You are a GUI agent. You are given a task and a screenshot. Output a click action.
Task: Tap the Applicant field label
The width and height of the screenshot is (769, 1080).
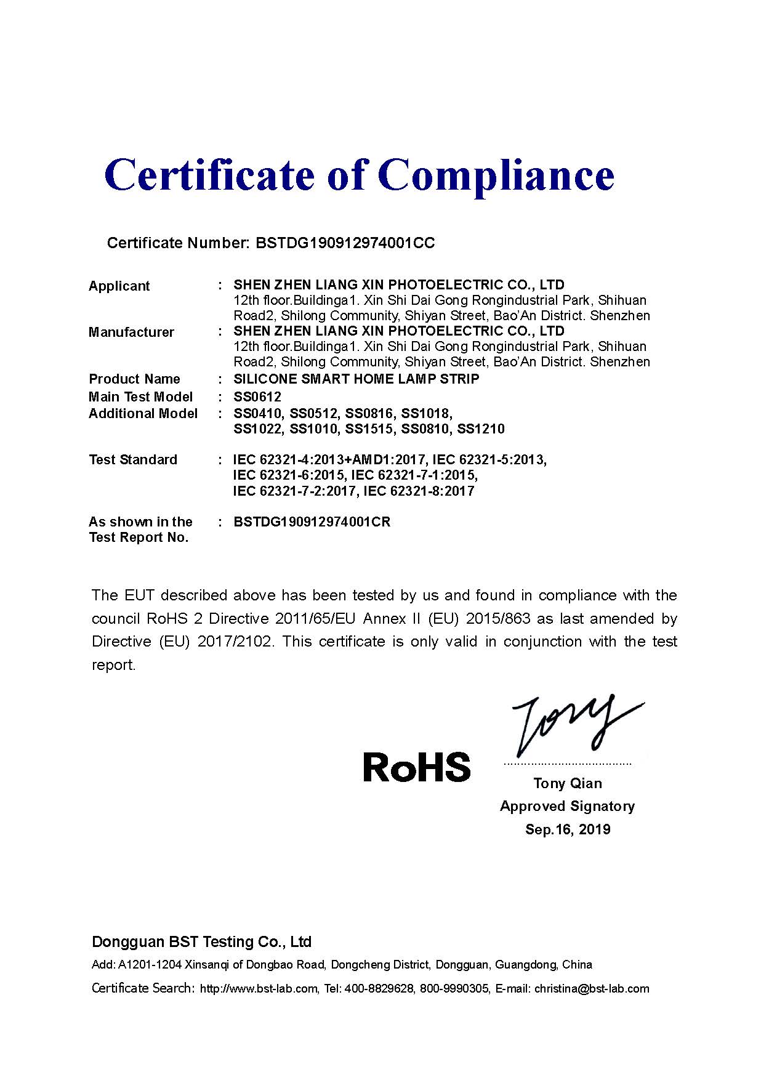[119, 286]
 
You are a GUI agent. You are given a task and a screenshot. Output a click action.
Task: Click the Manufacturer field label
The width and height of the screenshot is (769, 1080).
[131, 332]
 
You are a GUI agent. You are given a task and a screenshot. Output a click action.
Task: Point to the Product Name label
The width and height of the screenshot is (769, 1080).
[134, 379]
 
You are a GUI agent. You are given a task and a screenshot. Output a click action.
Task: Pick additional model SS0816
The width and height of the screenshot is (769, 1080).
[369, 413]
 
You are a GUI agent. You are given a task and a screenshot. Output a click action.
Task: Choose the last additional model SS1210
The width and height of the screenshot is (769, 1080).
[481, 429]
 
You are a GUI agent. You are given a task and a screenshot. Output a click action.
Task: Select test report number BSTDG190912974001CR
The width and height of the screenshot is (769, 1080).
[312, 522]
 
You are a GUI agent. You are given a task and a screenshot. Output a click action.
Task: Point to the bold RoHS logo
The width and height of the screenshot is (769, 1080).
[417, 767]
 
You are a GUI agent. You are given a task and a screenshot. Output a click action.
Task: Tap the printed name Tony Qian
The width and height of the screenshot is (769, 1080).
[568, 783]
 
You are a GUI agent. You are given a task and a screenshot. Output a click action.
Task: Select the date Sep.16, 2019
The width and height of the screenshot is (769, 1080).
[568, 829]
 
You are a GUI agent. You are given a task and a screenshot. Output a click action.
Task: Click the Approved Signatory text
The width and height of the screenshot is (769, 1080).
[567, 806]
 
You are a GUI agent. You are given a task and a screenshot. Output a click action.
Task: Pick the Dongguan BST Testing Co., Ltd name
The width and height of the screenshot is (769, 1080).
[201, 941]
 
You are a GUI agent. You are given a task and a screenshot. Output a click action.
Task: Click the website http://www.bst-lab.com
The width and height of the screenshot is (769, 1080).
[259, 989]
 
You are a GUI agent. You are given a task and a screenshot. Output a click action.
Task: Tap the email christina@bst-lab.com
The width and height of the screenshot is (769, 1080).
[591, 989]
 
